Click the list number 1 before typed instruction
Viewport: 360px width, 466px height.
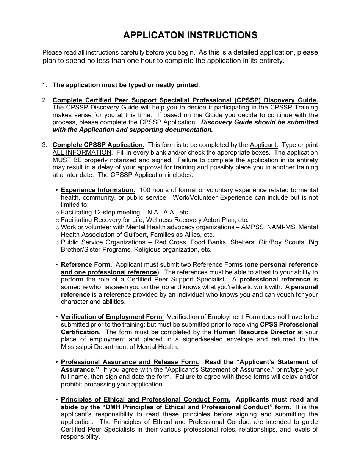tap(44, 85)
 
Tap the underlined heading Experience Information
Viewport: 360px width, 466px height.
tap(98, 190)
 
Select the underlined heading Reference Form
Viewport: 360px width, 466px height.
tap(86, 265)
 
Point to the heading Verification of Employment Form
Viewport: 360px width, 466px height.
tap(112, 317)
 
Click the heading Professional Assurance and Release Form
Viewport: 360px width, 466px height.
tap(130, 362)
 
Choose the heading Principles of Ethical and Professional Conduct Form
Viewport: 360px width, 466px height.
tap(146, 399)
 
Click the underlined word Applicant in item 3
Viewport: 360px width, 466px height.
tap(264, 145)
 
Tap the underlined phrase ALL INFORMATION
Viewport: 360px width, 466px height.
tap(82, 153)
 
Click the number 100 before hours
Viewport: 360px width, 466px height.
tap(146, 190)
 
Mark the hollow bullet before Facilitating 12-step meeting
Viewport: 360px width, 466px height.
tap(58, 213)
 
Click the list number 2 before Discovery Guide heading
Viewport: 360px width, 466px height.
tap(44, 100)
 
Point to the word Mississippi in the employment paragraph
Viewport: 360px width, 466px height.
tap(77, 347)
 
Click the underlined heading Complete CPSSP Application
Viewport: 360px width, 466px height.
tap(98, 145)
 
